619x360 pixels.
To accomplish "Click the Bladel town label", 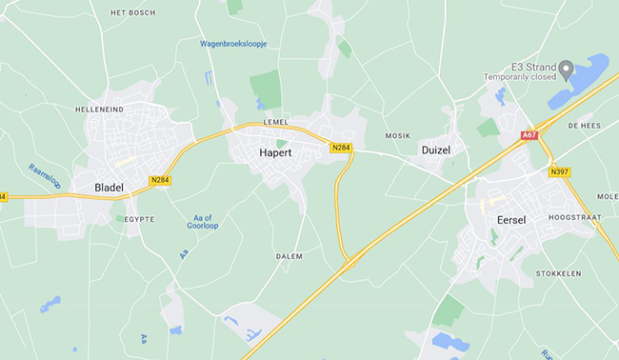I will [x=110, y=188].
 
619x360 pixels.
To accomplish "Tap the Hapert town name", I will [x=274, y=152].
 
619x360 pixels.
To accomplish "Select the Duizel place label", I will [x=441, y=150].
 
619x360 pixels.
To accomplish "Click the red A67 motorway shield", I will [x=529, y=136].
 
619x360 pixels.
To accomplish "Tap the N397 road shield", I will [x=560, y=172].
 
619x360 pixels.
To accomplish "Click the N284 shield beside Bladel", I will [x=160, y=179].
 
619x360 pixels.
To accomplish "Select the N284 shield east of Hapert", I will [x=341, y=148].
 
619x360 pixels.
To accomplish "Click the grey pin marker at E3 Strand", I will [x=566, y=69].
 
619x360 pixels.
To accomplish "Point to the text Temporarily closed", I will [x=519, y=78].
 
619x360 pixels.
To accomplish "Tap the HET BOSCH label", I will [x=132, y=12].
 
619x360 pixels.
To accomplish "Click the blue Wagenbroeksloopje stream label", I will [x=233, y=44].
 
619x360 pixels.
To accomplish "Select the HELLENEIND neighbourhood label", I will [x=100, y=110].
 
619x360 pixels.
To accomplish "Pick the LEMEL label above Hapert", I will [x=275, y=124].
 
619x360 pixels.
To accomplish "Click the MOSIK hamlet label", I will [x=397, y=136].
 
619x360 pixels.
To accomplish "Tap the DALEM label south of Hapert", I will [x=289, y=256].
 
